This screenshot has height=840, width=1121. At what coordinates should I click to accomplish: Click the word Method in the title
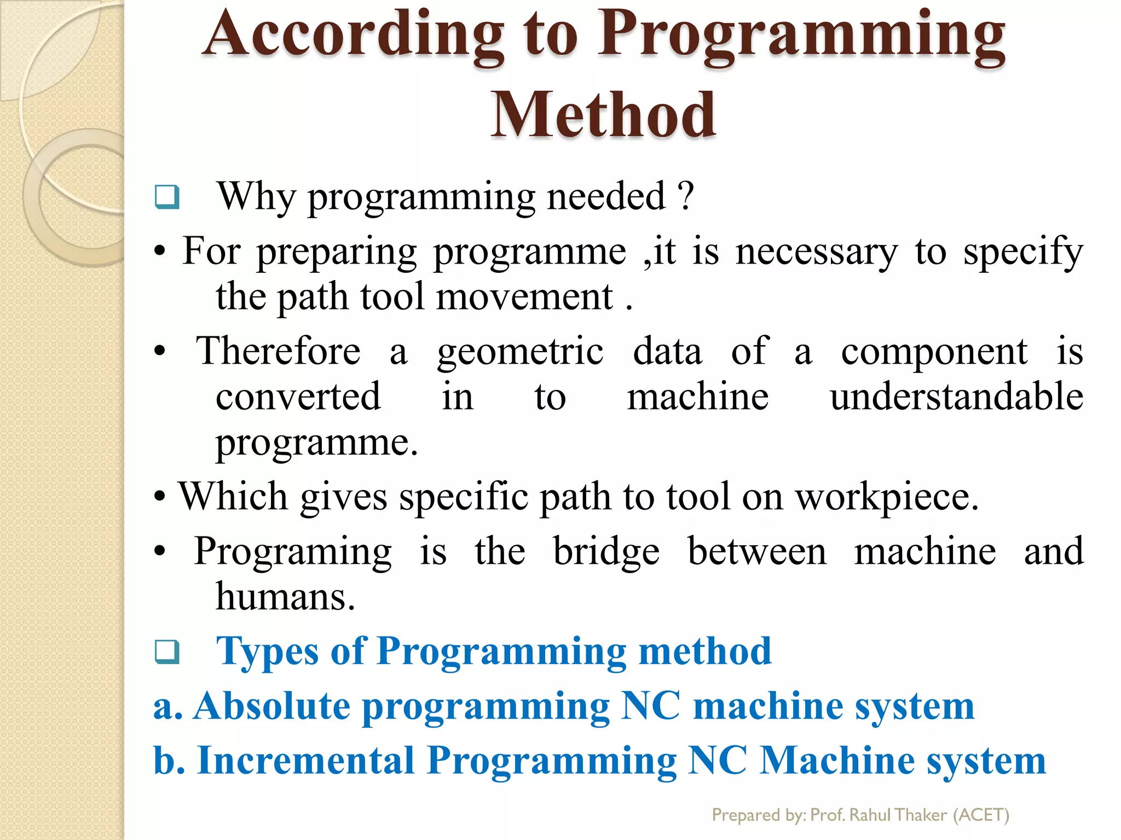pos(603,115)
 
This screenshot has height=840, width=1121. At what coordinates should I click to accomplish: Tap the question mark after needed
pos(685,196)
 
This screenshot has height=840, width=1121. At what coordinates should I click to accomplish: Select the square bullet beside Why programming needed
pos(167,197)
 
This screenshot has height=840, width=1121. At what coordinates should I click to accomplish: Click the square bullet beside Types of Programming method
pos(167,651)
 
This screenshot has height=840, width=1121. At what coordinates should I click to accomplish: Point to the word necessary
pos(816,252)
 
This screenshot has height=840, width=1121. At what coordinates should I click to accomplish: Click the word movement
pos(524,297)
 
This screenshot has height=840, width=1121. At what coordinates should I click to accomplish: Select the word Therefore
pos(279,351)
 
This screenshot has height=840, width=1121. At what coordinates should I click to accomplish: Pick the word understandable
pos(956,397)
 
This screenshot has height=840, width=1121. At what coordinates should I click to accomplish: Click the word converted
pos(298,397)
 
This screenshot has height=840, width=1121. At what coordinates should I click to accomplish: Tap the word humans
pos(285,597)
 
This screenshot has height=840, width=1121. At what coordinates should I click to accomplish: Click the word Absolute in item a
pos(272,706)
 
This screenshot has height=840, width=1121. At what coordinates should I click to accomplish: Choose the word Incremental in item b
pos(305,761)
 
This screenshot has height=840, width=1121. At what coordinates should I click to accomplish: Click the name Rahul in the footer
pos(871,815)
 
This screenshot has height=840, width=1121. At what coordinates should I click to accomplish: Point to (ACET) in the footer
pos(981,815)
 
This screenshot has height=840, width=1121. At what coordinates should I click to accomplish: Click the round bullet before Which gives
pos(159,498)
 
